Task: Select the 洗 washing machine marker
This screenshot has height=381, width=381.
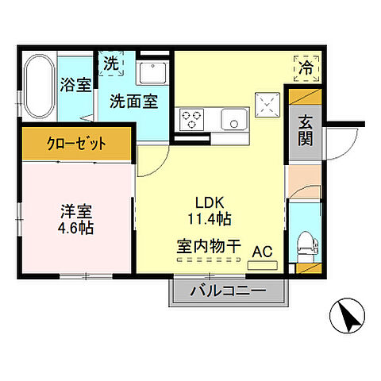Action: click(x=111, y=62)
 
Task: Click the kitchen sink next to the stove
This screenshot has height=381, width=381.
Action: click(x=234, y=121)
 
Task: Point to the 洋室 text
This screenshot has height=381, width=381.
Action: click(x=77, y=212)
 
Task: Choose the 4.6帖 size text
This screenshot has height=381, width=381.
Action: click(x=77, y=229)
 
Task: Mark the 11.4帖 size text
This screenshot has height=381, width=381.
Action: click(x=210, y=217)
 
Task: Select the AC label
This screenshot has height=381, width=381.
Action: click(x=261, y=252)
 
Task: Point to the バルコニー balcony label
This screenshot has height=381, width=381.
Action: click(x=227, y=292)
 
